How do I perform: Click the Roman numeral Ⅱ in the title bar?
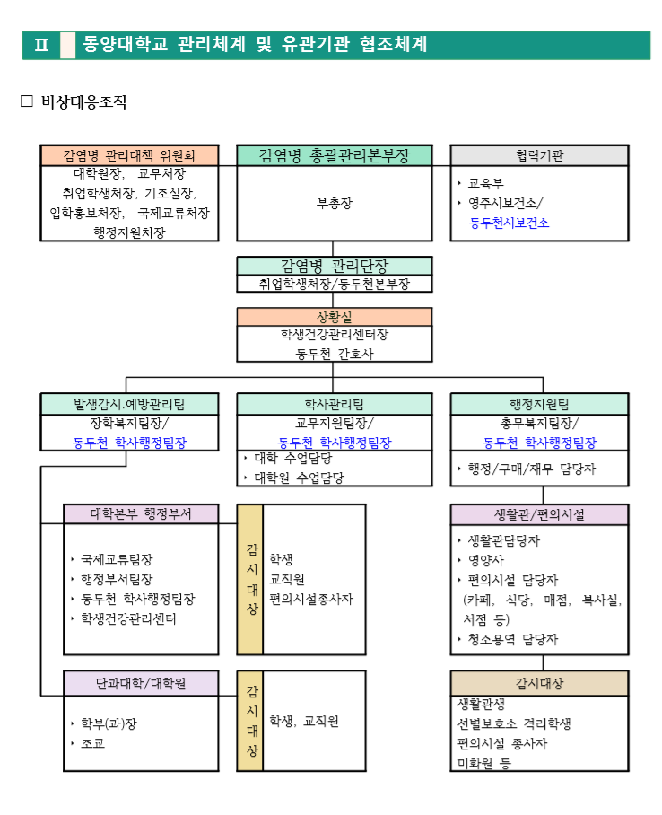tap(41, 45)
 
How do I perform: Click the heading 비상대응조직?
tap(83, 102)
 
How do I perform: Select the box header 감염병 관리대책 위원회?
tap(129, 155)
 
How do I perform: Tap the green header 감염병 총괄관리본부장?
tap(334, 155)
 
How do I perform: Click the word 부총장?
tap(334, 203)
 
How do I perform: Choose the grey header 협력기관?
tap(539, 155)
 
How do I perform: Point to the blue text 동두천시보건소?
tap(509, 223)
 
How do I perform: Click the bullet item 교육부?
tap(485, 182)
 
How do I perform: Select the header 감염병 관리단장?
tap(334, 266)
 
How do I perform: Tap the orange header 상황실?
tap(334, 317)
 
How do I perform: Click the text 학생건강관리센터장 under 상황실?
tap(334, 335)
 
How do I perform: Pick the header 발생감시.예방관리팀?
tap(129, 404)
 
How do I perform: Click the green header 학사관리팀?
tap(334, 404)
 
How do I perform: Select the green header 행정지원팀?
tap(539, 404)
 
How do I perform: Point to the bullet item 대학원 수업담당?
tap(298, 478)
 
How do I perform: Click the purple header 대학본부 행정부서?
tap(141, 514)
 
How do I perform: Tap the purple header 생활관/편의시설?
tap(539, 514)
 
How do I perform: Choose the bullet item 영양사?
tap(485, 561)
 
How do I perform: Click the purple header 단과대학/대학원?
tap(141, 682)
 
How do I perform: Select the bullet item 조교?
tap(92, 743)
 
